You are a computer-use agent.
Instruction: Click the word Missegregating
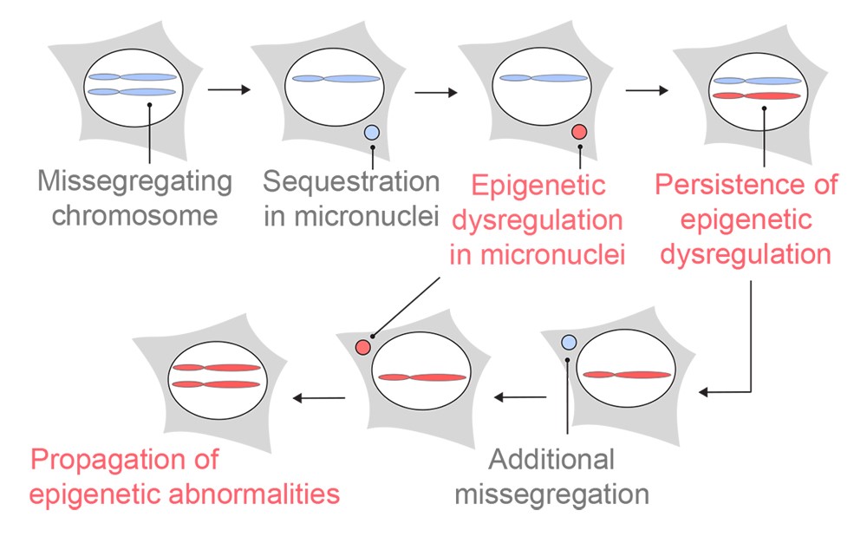[x=135, y=182]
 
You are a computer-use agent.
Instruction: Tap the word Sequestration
[x=351, y=181]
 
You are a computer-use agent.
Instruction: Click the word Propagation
[x=105, y=461]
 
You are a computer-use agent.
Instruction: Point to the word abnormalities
[x=254, y=494]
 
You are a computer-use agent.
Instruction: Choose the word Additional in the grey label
[x=551, y=459]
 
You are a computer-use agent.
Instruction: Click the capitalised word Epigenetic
[x=538, y=186]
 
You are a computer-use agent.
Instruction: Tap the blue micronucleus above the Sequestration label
[x=372, y=132]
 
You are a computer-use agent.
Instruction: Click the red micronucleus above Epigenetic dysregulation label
[x=579, y=132]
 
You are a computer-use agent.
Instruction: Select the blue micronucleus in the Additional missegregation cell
[x=569, y=343]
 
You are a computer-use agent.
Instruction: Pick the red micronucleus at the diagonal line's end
[x=362, y=347]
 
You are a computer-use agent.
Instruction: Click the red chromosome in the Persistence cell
[x=756, y=95]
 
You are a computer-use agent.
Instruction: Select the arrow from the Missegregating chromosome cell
[x=229, y=89]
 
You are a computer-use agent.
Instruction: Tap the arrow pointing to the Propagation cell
[x=319, y=397]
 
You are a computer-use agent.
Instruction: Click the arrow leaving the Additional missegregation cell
[x=520, y=397]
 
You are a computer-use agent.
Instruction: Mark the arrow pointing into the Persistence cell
[x=647, y=90]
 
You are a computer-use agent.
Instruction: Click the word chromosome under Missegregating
[x=135, y=215]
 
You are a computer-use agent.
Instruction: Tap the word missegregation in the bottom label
[x=551, y=494]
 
